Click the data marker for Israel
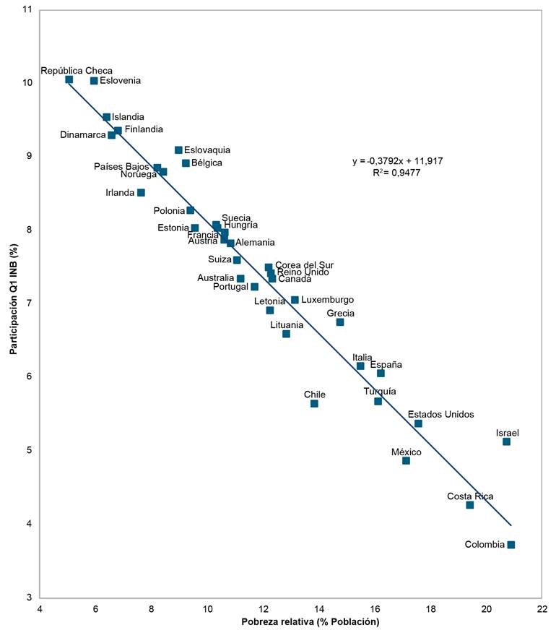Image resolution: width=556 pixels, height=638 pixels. click(x=506, y=441)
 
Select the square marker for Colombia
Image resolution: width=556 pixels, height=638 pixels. click(x=511, y=545)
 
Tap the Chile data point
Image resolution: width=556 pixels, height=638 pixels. click(x=314, y=403)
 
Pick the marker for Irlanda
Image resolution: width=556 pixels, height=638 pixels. click(x=141, y=193)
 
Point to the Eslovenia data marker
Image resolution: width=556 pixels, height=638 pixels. click(x=94, y=81)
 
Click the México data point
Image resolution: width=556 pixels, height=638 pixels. click(x=406, y=460)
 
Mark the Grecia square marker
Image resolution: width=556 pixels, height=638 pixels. click(x=340, y=322)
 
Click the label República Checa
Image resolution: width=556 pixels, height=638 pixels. click(x=77, y=71)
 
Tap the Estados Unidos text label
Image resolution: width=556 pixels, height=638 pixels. click(x=440, y=415)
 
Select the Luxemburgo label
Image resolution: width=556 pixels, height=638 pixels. click(x=327, y=299)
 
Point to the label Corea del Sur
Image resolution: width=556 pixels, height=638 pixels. click(x=305, y=265)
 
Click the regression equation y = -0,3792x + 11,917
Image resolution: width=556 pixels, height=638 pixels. click(x=397, y=161)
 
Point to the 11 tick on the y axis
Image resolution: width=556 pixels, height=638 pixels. click(x=27, y=9)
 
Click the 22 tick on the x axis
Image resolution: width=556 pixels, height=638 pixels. click(x=542, y=608)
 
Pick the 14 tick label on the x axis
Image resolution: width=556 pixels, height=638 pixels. click(x=318, y=608)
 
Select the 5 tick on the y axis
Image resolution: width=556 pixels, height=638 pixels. click(x=28, y=450)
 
